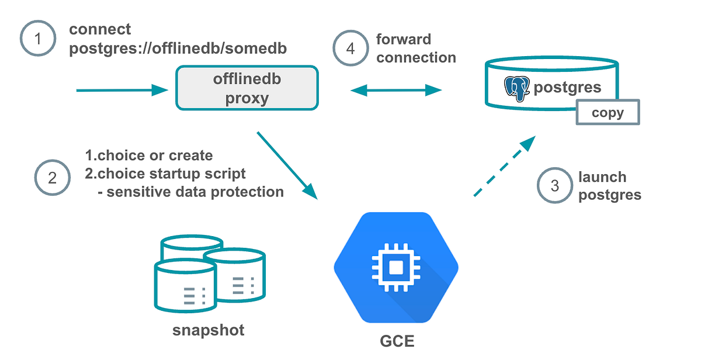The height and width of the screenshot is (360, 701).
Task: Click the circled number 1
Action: click(38, 40)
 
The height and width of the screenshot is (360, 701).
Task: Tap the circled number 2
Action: click(52, 177)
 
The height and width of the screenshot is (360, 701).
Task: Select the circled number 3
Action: click(554, 186)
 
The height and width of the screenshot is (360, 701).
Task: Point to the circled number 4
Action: click(350, 49)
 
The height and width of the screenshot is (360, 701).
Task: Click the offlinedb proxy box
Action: click(247, 88)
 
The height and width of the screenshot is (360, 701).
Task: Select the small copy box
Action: click(608, 112)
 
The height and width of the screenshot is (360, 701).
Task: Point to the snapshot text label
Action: click(208, 330)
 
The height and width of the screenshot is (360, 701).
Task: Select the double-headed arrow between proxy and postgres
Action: click(396, 90)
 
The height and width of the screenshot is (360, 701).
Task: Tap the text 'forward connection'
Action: click(415, 49)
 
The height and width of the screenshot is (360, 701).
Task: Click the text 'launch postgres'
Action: click(609, 186)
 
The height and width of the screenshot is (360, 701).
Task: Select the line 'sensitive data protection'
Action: click(190, 191)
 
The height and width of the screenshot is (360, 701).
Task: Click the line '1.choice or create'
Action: click(149, 156)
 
